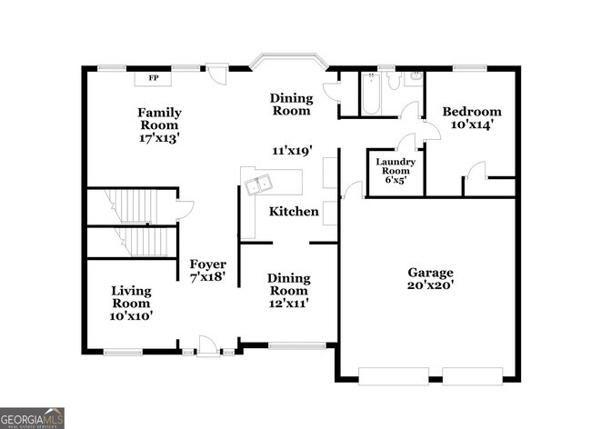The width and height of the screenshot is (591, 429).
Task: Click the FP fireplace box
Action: click(153, 78)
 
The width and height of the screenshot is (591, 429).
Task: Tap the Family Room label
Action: click(158, 118)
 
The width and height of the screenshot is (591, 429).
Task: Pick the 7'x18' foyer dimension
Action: click(207, 276)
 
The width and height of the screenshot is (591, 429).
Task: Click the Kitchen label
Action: click(294, 212)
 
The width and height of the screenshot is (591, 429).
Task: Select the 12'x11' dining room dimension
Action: click(288, 304)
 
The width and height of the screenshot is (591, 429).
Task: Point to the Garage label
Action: click(430, 272)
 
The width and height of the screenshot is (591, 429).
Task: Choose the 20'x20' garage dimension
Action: click(430, 285)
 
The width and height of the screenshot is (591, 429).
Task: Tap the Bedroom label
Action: click(471, 112)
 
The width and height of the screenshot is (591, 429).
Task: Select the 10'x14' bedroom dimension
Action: click(471, 125)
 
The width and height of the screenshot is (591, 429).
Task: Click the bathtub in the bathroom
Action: click(373, 95)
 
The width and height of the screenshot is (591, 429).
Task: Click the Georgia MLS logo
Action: click(33, 417)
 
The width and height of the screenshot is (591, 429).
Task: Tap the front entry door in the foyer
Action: click(208, 346)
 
